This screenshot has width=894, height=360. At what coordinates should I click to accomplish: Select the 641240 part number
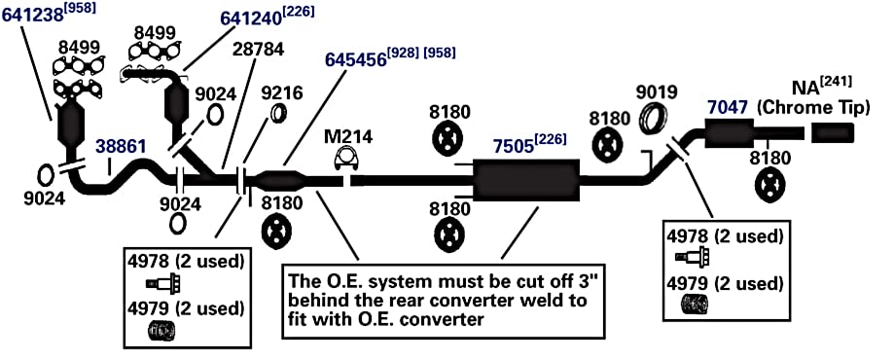pos(251,18)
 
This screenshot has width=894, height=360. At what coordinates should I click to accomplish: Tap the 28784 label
pos(259,50)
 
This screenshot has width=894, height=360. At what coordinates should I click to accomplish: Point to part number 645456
pos(356,59)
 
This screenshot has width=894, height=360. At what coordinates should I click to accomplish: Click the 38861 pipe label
pos(121,147)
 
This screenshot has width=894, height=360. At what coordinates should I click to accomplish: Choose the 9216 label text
pos(282,93)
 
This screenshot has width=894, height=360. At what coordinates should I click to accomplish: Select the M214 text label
pos(348,136)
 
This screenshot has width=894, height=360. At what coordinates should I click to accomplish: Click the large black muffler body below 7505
pos(526,180)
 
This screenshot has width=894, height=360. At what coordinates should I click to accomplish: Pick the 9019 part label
pos(657,91)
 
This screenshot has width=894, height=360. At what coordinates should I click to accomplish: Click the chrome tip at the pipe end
pos(833,133)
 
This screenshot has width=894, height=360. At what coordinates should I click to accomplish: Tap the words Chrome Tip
pos(813,108)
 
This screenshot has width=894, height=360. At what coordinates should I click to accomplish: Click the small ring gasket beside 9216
pos(278,113)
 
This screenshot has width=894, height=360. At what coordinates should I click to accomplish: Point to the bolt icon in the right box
pos(692,256)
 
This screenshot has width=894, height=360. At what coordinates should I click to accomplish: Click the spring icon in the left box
pos(161,331)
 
